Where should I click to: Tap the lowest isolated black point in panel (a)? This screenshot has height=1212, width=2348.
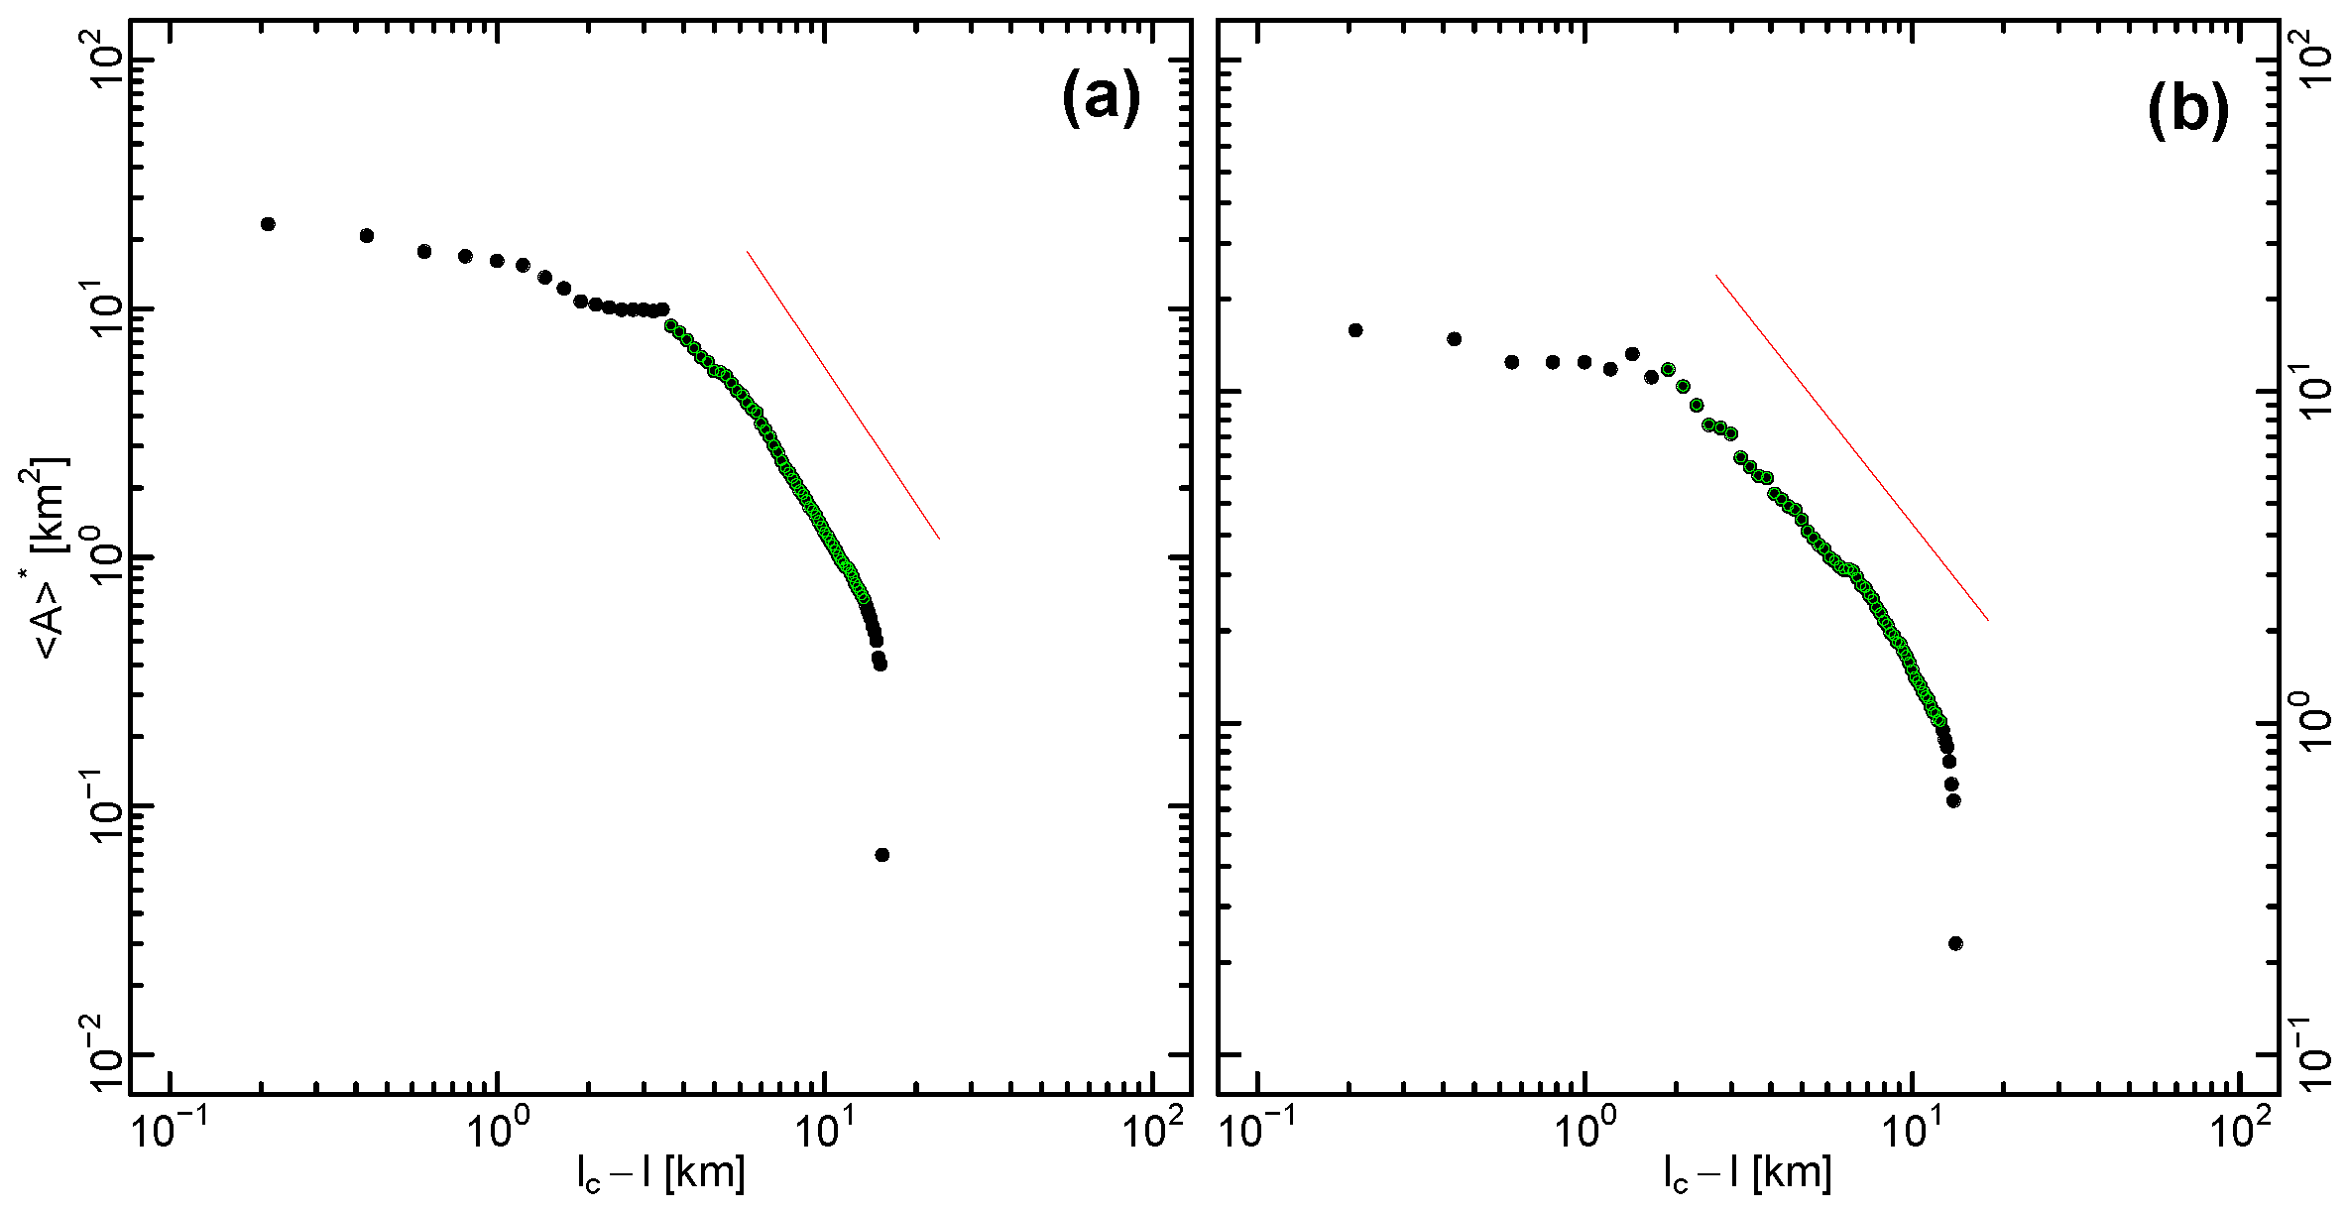(x=881, y=855)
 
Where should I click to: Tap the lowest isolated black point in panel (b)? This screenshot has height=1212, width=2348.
(x=1955, y=943)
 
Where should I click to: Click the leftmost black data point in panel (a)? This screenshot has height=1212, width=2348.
(x=267, y=224)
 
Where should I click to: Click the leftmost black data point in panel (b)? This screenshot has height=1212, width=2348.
(x=1355, y=329)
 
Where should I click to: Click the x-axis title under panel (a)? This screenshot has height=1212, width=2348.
(x=660, y=1174)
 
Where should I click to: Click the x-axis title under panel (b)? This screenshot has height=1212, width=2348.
(x=1747, y=1174)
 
